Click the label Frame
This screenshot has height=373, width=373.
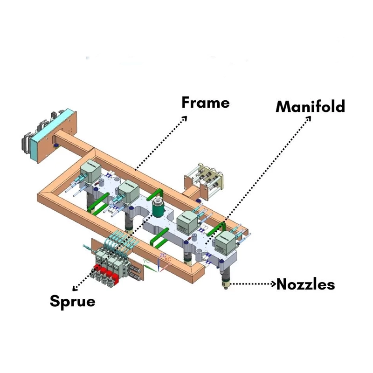coord(205,102)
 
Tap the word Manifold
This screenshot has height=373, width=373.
coord(310,106)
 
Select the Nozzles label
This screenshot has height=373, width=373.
coord(305,283)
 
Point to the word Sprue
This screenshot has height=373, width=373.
coord(72,301)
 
